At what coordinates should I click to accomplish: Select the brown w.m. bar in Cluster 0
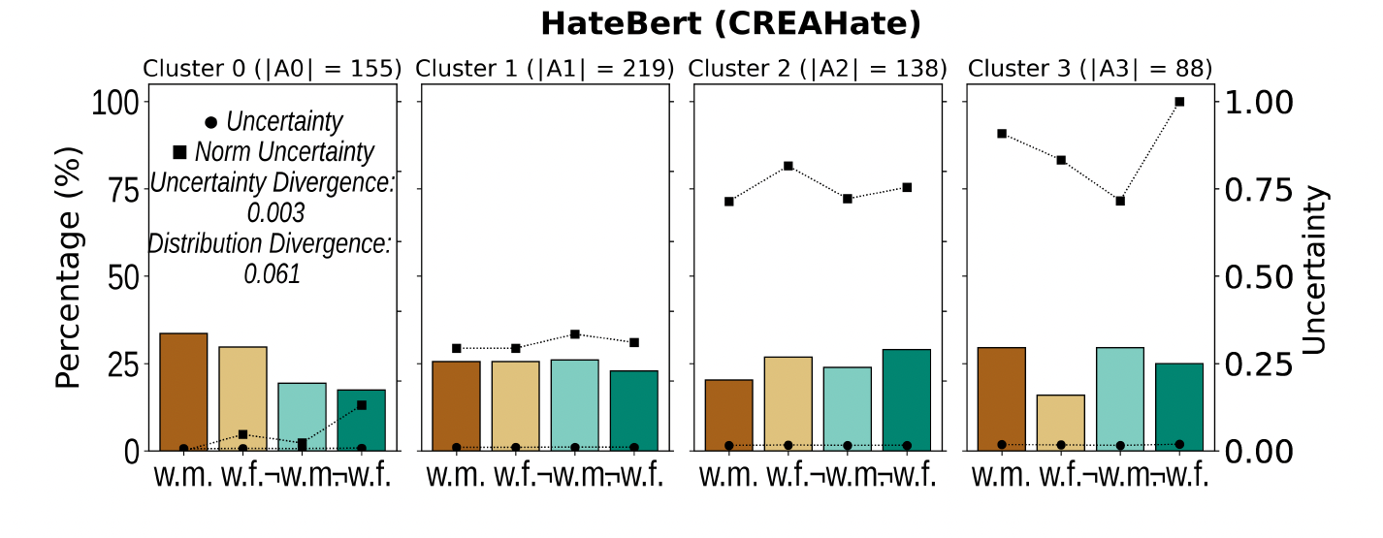point(183,392)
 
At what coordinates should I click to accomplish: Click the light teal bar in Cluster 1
point(574,405)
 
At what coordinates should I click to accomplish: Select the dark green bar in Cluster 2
point(907,399)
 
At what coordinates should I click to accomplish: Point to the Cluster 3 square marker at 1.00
point(1179,101)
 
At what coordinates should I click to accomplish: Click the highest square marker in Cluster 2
point(788,166)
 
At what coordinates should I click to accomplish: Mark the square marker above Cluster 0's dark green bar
point(361,404)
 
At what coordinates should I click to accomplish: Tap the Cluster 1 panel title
point(544,69)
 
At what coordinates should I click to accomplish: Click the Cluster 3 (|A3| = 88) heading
point(1090,69)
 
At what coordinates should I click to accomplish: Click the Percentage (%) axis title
point(68,276)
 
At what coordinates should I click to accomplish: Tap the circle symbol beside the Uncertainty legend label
point(211,123)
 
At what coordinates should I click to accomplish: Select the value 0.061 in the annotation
point(272,274)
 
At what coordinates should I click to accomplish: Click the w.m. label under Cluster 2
point(727,476)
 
